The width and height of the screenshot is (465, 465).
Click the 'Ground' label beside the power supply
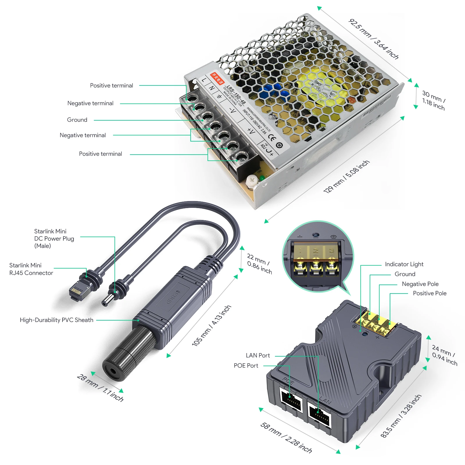pos(77,120)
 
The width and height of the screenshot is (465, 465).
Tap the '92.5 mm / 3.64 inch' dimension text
pos(373,39)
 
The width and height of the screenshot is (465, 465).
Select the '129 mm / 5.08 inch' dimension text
pos(346,176)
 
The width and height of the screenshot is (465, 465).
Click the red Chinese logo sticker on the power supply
pos(217,78)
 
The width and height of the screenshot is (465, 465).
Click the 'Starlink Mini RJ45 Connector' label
pos(31,269)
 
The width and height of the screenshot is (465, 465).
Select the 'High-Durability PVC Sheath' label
pos(56,320)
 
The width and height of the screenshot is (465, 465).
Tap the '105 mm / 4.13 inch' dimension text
pos(211,325)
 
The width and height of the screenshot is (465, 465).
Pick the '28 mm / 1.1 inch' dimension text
pos(100,388)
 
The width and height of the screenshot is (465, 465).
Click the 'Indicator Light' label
pos(404,264)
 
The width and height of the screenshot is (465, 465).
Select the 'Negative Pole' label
pos(420,284)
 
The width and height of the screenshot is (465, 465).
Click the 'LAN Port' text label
pos(258,355)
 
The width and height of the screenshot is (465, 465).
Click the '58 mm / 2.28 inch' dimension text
pos(286,438)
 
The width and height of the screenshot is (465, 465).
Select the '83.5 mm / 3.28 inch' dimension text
pos(401,416)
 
